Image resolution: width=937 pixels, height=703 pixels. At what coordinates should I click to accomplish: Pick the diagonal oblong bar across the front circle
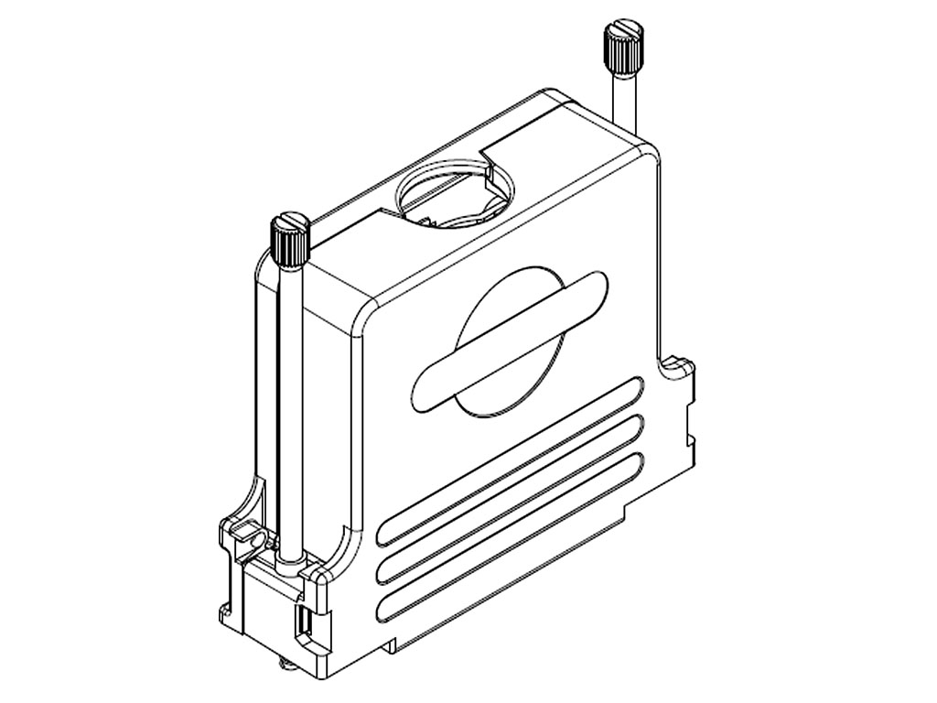511,340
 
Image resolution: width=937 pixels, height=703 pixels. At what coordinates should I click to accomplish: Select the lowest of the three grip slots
512,531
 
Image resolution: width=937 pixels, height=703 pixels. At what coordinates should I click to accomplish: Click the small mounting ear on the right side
682,366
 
